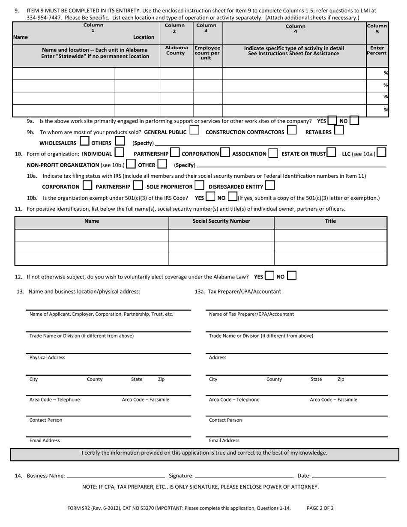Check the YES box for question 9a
click(x=332, y=121)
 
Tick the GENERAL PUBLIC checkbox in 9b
click(x=194, y=130)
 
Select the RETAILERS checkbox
click(x=338, y=130)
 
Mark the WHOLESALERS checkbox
click(x=85, y=141)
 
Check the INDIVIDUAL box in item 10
click(x=120, y=152)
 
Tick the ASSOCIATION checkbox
click(x=273, y=153)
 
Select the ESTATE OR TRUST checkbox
click(x=331, y=153)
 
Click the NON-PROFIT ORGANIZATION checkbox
click(x=131, y=164)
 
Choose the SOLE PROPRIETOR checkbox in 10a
click(x=199, y=186)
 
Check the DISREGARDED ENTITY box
click(x=270, y=186)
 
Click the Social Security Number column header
click(x=221, y=222)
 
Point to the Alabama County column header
click(x=177, y=51)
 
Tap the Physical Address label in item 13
click(x=47, y=358)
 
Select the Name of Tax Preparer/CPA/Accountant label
click(x=251, y=314)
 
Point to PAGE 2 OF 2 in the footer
click(x=320, y=509)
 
